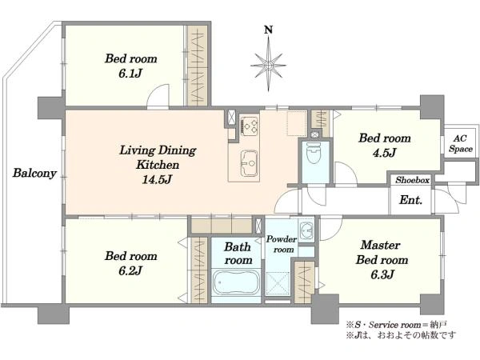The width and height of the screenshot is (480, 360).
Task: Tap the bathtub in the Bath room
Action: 236,282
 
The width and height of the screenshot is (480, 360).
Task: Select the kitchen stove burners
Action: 250,126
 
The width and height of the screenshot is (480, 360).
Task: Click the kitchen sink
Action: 249,163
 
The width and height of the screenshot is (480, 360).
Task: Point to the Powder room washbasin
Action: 306,230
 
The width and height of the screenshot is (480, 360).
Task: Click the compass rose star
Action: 269,65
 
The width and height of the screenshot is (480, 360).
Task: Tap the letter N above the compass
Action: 269,30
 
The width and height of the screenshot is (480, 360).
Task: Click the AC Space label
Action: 461,143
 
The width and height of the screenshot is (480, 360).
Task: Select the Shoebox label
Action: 412,180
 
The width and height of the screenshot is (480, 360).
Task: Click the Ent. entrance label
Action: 411,200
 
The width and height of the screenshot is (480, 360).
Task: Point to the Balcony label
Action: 34,173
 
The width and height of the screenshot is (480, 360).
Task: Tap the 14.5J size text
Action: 157,179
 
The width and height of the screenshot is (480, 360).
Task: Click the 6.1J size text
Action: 130,74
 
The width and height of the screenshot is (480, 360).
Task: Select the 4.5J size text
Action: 385,153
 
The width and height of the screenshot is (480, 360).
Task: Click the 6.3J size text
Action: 382,274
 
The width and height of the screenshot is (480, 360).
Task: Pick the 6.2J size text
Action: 130,270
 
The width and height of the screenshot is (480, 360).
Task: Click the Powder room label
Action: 282,244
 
